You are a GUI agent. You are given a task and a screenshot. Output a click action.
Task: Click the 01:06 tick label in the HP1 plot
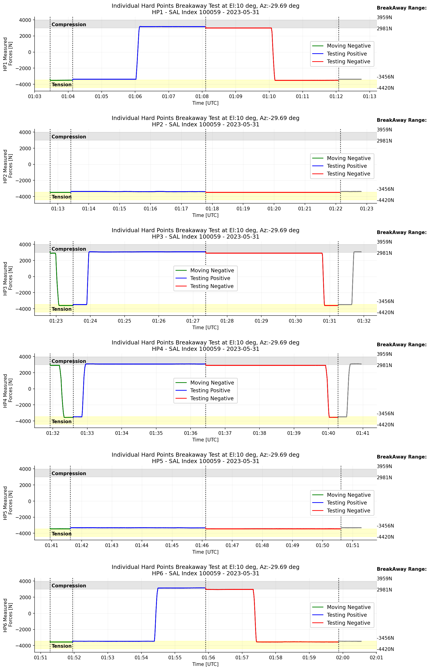pos(135,97)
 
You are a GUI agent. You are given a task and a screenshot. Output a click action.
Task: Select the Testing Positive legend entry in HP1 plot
pos(347,54)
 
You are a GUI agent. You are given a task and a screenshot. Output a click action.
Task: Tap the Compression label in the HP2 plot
pos(69,137)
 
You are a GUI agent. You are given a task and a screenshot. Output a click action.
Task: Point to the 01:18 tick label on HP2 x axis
pos(212,209)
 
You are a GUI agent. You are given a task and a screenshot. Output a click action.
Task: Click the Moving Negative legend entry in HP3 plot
pos(212,270)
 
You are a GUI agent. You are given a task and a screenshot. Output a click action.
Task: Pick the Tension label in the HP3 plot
pos(61,309)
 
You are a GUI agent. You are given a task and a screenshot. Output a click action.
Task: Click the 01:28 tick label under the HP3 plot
pos(227,321)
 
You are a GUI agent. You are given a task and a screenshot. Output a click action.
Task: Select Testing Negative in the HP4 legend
pos(212,398)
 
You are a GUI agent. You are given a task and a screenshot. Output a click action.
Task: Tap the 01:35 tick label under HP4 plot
pos(156,433)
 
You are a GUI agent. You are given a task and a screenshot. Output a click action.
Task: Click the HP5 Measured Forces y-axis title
pos(8,503)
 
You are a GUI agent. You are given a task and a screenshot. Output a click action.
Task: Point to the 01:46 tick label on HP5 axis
pos(202,545)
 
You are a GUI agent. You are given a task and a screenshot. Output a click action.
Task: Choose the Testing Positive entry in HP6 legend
pos(347,615)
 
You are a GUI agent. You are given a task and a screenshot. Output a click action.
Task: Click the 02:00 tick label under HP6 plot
pos(343,658)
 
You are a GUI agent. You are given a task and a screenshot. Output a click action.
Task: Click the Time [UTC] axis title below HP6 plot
pos(205,664)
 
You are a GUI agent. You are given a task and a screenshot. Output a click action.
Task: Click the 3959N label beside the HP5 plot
pos(384,466)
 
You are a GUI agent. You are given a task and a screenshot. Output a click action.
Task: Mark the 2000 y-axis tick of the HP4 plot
pos(25,373)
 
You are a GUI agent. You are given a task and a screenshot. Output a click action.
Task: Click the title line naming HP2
pos(206,124)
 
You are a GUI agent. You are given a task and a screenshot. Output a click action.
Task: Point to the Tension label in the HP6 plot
pos(61,646)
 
